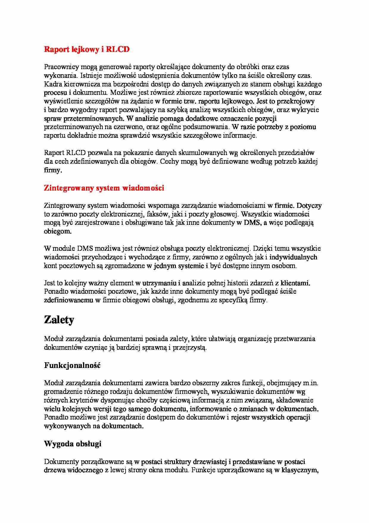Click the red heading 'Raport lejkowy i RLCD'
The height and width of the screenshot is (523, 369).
(x=87, y=49)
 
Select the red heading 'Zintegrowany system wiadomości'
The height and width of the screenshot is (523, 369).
(x=104, y=188)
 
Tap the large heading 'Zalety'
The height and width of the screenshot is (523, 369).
(x=59, y=320)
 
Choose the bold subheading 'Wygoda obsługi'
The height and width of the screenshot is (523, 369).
(x=73, y=444)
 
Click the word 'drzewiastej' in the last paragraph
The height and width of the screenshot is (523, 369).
(x=209, y=462)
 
